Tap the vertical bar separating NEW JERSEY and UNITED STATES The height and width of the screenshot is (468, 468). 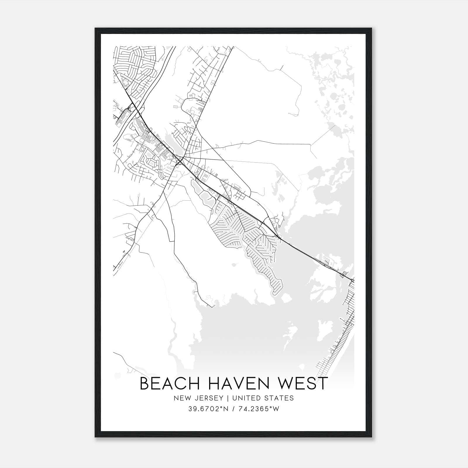coord(224,398)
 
